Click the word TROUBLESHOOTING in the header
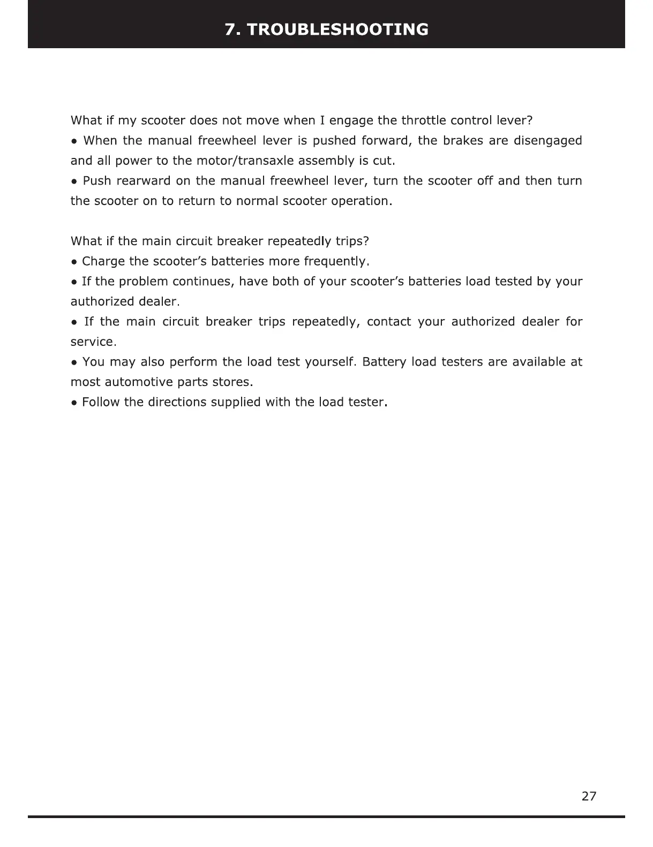click(x=339, y=29)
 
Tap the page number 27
click(x=589, y=796)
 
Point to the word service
click(x=92, y=342)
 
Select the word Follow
click(x=101, y=402)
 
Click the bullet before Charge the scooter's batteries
click(x=74, y=262)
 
